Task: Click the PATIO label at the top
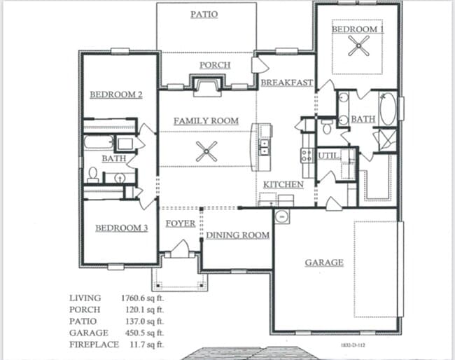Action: (x=204, y=14)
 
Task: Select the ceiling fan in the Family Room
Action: (x=206, y=151)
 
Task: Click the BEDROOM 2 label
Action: (x=116, y=95)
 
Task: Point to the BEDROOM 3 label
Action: (x=122, y=228)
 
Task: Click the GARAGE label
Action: (x=324, y=263)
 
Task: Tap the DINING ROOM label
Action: (x=238, y=235)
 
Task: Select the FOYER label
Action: (x=180, y=223)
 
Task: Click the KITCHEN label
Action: (x=283, y=184)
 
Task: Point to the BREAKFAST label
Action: (x=286, y=83)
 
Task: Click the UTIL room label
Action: (x=328, y=155)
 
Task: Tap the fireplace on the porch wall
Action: (x=206, y=86)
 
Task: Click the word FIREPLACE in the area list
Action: (x=94, y=345)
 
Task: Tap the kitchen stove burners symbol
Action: (x=307, y=155)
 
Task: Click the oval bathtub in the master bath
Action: (x=387, y=111)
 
